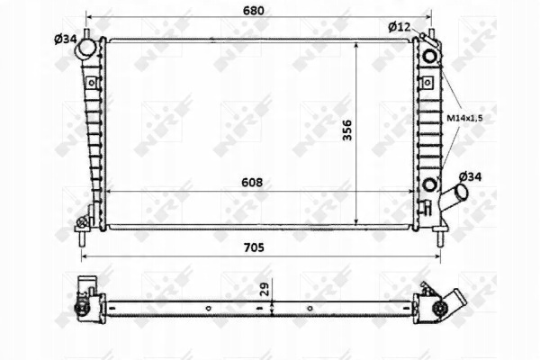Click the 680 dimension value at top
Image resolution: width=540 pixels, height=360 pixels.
tap(254, 11)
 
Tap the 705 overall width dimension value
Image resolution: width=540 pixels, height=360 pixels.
tap(254, 247)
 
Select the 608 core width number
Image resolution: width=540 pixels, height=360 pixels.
tap(252, 182)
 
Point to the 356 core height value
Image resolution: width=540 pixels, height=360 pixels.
tap(347, 130)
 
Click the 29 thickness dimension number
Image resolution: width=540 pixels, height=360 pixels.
tap(265, 290)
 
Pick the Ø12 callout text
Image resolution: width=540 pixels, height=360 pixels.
tap(400, 26)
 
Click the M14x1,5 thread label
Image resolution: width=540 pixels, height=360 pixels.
tap(464, 118)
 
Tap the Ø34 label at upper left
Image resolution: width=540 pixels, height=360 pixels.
tap(66, 40)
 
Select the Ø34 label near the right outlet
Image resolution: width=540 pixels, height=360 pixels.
tap(471, 176)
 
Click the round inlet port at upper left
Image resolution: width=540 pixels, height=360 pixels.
tap(85, 49)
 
